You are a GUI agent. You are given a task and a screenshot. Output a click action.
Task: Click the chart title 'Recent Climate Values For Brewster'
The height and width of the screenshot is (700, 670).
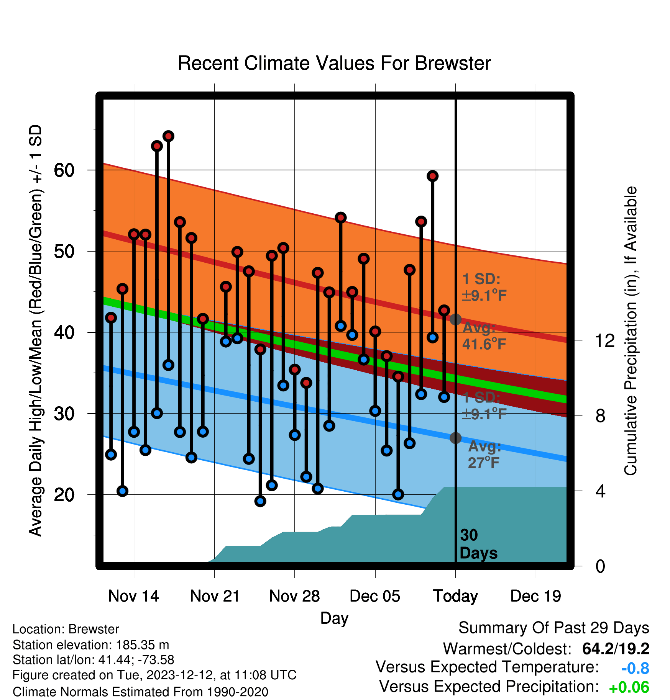(x=334, y=63)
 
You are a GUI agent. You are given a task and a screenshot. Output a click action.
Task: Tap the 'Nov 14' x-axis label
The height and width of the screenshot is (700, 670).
(x=133, y=596)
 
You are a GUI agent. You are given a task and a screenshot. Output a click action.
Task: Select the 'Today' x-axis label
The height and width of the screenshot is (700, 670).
(x=455, y=596)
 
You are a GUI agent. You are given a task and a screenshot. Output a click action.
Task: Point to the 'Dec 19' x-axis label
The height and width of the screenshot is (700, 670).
(x=536, y=596)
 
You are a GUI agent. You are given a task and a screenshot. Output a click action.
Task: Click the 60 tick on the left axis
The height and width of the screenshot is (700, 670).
(x=64, y=170)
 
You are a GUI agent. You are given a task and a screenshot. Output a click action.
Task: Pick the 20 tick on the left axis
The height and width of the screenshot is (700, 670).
(x=64, y=495)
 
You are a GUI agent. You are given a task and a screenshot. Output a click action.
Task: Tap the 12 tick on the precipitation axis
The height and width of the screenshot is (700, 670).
(x=605, y=340)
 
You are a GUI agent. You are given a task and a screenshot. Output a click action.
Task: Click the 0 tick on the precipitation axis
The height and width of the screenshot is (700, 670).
(x=600, y=566)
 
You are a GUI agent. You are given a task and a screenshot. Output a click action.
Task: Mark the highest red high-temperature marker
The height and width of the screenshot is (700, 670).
(x=168, y=136)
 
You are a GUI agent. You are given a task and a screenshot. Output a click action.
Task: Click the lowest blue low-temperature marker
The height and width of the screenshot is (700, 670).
(x=260, y=501)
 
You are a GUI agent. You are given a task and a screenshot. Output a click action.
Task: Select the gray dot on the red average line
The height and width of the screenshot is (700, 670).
(x=455, y=319)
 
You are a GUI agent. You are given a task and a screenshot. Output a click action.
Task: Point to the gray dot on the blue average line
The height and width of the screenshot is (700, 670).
(x=455, y=438)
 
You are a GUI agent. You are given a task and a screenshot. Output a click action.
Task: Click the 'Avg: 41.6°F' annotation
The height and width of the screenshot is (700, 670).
(x=484, y=336)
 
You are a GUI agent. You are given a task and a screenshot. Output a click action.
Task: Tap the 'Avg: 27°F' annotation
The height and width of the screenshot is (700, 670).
(x=484, y=455)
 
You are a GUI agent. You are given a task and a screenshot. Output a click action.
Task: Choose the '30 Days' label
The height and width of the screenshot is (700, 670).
(x=478, y=544)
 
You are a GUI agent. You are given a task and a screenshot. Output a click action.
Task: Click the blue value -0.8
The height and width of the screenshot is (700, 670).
(x=635, y=668)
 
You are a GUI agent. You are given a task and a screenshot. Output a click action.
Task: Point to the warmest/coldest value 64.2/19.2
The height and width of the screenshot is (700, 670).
(x=616, y=649)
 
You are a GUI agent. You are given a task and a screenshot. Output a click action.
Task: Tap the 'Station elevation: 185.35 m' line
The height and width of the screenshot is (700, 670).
(x=91, y=645)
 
